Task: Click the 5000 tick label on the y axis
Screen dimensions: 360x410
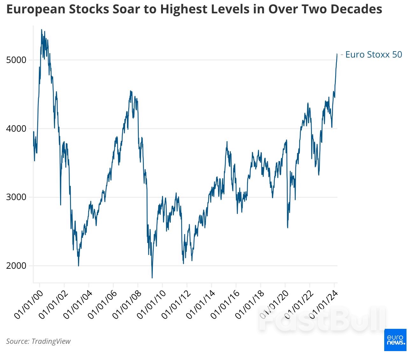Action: point(16,60)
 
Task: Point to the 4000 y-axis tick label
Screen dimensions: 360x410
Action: point(16,129)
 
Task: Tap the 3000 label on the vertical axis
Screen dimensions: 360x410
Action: point(16,197)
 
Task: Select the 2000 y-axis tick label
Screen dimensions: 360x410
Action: point(16,266)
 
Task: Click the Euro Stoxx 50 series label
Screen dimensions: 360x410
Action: point(373,55)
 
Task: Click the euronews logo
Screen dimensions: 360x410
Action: point(395,340)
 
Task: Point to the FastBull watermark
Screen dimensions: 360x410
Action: point(322,319)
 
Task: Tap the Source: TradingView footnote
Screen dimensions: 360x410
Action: point(38,341)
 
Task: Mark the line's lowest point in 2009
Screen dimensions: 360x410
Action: point(152,278)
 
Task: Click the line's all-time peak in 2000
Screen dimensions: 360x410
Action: point(41,30)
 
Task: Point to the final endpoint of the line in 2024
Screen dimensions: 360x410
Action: point(337,54)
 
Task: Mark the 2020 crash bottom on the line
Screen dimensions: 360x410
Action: point(288,228)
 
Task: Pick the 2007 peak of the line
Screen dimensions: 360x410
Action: point(131,91)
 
